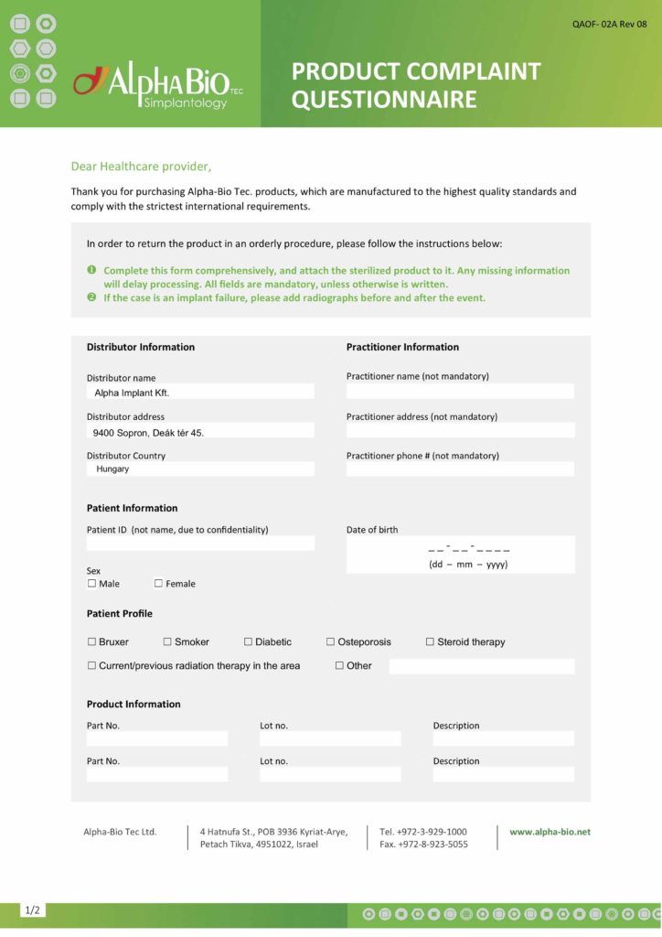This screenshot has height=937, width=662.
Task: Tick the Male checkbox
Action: pyautogui.click(x=91, y=584)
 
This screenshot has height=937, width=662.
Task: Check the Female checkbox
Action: pyautogui.click(x=158, y=584)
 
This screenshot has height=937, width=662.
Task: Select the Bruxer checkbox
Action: pyautogui.click(x=91, y=642)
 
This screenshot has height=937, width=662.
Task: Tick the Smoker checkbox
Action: pyautogui.click(x=167, y=642)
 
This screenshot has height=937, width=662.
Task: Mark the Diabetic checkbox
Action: pyautogui.click(x=248, y=642)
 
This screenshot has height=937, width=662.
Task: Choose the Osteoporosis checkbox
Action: pyautogui.click(x=330, y=642)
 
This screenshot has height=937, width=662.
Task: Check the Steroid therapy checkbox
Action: pyautogui.click(x=430, y=642)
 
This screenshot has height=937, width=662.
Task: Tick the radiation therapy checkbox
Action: pyautogui.click(x=91, y=666)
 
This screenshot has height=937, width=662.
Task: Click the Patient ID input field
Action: pyautogui.click(x=200, y=544)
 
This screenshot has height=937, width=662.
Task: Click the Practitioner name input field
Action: pyautogui.click(x=460, y=392)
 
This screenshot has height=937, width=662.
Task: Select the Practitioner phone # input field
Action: pyautogui.click(x=460, y=469)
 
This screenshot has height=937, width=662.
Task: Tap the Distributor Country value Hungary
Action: pyautogui.click(x=112, y=469)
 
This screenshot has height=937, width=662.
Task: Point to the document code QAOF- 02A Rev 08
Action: pyautogui.click(x=610, y=24)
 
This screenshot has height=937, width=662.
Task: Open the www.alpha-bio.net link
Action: pyautogui.click(x=550, y=832)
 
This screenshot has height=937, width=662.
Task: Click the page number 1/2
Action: pyautogui.click(x=33, y=910)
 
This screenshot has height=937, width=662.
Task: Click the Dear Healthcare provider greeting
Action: pyautogui.click(x=141, y=167)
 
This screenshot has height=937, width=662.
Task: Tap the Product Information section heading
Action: pyautogui.click(x=133, y=705)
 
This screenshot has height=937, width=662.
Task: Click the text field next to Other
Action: pyautogui.click(x=482, y=666)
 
